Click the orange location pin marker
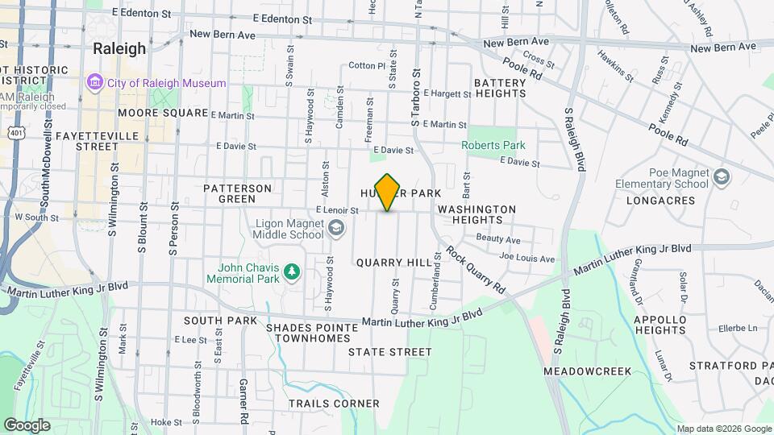click(388, 193)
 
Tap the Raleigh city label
click(119, 48)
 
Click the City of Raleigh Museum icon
click(95, 83)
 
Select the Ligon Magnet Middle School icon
click(335, 230)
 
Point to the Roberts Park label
click(493, 146)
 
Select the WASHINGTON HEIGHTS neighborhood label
click(476, 214)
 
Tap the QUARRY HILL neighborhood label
click(382, 263)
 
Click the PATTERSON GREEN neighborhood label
click(237, 193)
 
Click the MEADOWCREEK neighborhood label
click(587, 371)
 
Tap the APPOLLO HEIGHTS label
click(660, 325)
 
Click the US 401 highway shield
click(15, 131)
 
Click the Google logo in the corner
click(27, 425)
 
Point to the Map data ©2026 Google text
click(723, 429)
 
